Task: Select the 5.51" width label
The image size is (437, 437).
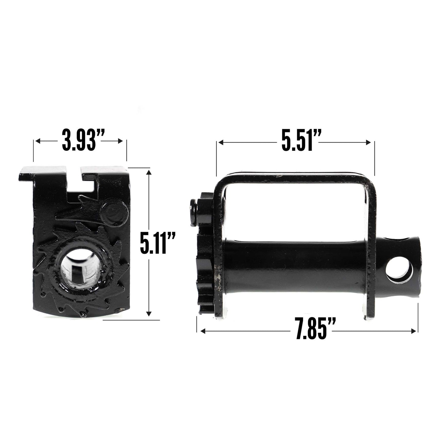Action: click(x=296, y=142)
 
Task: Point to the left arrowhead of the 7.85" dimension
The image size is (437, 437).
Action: click(x=203, y=331)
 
